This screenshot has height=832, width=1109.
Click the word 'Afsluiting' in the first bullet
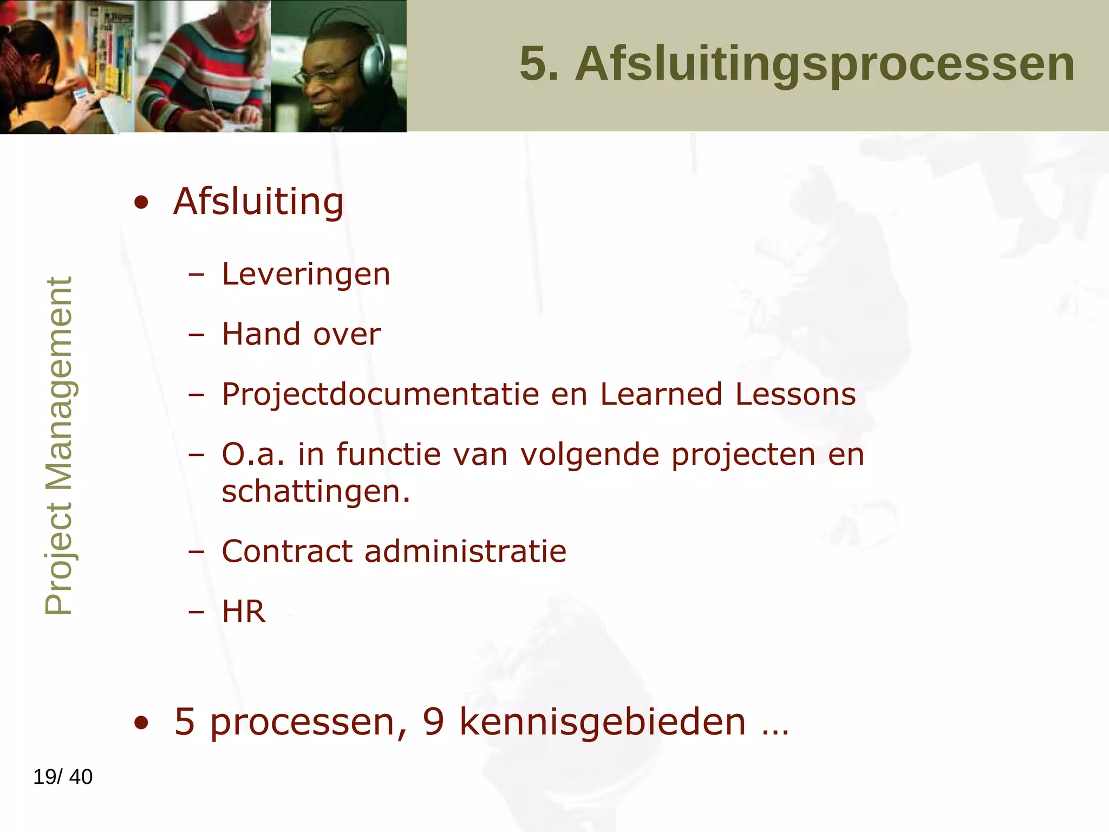pos(258,201)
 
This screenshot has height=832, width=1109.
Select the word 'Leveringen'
pos(306,274)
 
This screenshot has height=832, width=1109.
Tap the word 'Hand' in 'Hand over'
pos(262,334)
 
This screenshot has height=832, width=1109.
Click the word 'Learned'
pos(661,394)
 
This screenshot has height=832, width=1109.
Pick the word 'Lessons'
pos(795,394)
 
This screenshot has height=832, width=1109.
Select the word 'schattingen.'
pos(316,492)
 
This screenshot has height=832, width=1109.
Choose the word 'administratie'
pos(465,551)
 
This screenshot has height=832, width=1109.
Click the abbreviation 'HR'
pos(244,612)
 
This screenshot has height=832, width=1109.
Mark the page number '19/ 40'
pos(63,777)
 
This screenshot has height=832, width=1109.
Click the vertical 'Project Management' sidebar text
pos(58,446)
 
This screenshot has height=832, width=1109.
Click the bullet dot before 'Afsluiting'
pos(141,203)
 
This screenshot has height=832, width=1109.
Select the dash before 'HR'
pos(196,612)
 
